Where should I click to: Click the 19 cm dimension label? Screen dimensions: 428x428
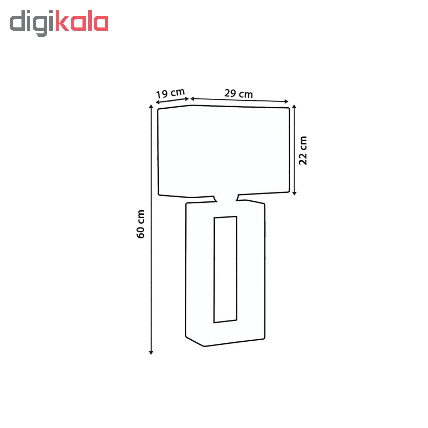170,93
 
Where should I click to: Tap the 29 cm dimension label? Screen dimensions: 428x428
238,94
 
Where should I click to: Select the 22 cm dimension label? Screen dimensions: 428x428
303,150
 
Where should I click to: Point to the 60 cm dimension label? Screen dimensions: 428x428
140,224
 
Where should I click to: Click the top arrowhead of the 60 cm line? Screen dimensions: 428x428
151,106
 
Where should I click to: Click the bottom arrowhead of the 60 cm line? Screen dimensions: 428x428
151,353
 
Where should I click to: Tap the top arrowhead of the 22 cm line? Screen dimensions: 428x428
294,106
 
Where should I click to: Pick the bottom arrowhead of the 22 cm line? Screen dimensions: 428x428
294,194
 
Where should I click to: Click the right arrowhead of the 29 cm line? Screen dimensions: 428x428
287,102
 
